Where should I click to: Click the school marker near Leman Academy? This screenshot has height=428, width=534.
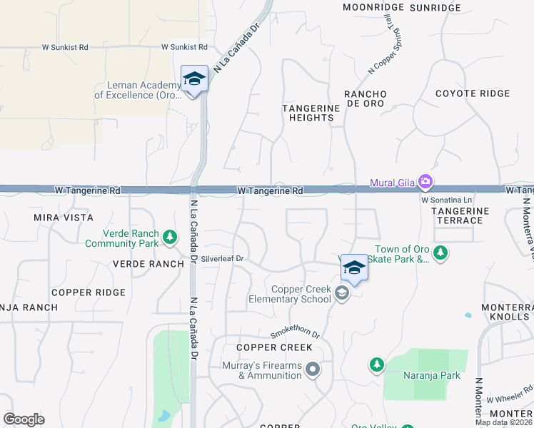(x=194, y=78)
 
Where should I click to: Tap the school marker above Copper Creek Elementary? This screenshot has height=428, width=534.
(x=354, y=267)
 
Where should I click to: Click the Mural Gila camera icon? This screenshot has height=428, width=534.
(x=426, y=182)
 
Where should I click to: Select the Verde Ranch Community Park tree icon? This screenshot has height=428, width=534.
(x=170, y=237)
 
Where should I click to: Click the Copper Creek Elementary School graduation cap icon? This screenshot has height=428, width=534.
(x=343, y=293)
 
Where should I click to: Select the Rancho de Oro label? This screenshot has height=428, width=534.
(x=366, y=98)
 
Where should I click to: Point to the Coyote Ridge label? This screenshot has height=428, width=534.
(x=473, y=93)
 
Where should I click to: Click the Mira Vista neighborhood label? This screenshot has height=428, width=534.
(x=64, y=217)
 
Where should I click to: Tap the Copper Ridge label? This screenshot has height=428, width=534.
(x=89, y=292)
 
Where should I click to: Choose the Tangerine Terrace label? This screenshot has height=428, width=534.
(x=460, y=215)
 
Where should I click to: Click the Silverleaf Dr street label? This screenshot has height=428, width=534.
(x=223, y=259)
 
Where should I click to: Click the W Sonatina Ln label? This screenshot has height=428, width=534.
(x=447, y=200)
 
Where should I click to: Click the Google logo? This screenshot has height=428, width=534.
(x=24, y=419)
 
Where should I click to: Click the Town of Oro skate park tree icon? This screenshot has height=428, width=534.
(x=441, y=252)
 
